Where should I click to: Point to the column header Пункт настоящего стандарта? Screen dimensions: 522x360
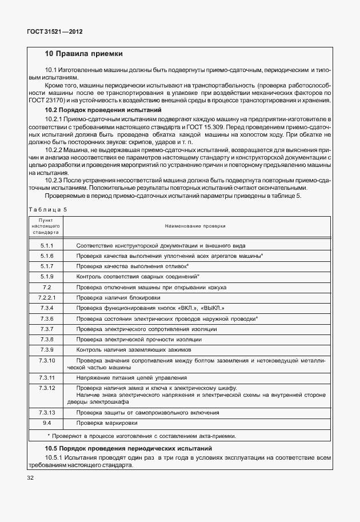click(x=47, y=226)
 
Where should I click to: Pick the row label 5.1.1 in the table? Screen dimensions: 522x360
click(x=47, y=245)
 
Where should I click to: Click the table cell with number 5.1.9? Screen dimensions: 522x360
click(x=47, y=276)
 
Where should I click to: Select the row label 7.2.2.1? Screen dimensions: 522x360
click(x=47, y=297)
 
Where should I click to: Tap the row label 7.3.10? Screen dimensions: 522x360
click(x=47, y=360)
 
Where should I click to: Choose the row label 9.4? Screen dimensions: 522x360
click(x=47, y=423)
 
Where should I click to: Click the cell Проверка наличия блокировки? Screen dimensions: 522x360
click(x=118, y=297)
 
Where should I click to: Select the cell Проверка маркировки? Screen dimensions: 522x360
click(x=107, y=423)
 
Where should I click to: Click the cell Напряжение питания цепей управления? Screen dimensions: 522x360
click(x=131, y=378)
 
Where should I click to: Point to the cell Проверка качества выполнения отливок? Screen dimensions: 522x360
click(x=132, y=266)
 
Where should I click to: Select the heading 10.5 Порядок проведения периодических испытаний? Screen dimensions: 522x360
click(x=129, y=449)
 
